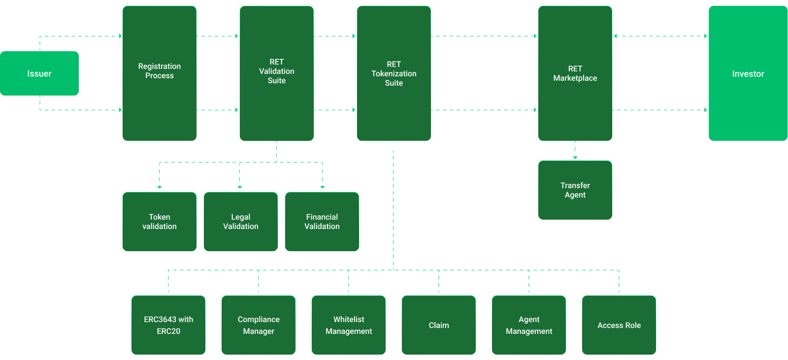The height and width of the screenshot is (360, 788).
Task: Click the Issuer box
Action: tap(39, 73)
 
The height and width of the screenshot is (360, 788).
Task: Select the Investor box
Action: tap(748, 73)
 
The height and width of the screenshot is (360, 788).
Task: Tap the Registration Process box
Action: tap(159, 73)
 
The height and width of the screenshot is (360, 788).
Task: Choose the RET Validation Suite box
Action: tap(276, 73)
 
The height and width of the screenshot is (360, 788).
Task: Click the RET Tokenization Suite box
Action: tap(394, 73)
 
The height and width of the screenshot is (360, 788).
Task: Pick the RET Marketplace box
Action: tap(575, 73)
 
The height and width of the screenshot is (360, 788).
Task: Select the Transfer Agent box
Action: tap(575, 190)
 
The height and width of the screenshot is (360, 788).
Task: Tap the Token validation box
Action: tap(159, 222)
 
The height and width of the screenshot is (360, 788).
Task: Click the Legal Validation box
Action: tap(240, 222)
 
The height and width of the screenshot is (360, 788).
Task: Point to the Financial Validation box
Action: tap(322, 222)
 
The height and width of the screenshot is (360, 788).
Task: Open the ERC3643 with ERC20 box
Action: tap(168, 325)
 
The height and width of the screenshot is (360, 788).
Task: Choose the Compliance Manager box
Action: tap(259, 325)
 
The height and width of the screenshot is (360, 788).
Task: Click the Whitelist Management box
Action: tap(349, 325)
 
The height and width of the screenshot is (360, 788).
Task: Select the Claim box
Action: tap(439, 325)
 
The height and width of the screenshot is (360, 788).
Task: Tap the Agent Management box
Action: tap(529, 325)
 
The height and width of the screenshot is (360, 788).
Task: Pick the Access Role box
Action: tap(619, 325)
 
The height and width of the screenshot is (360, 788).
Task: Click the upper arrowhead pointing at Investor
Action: tap(705, 36)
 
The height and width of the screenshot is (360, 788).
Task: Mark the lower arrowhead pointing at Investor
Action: tap(705, 110)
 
